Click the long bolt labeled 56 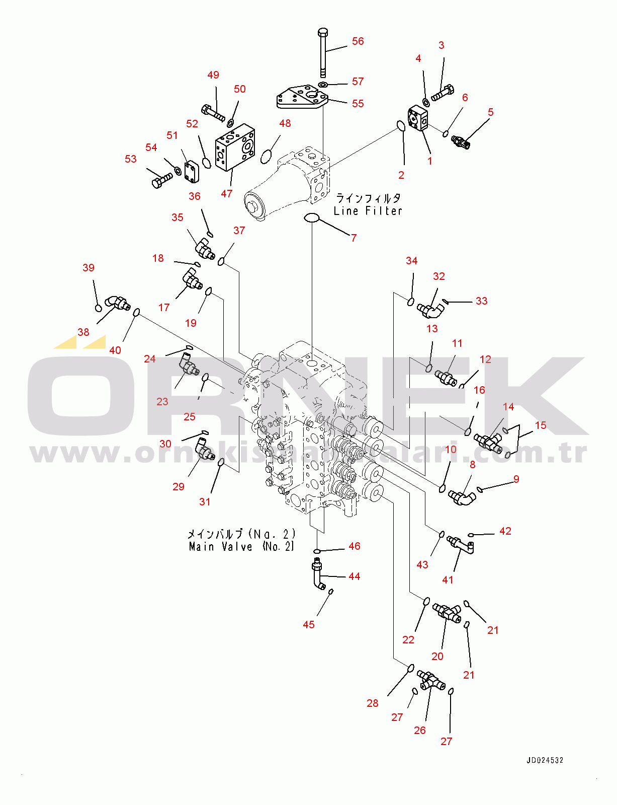click(323, 53)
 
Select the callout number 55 click(358, 104)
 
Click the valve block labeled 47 click(235, 147)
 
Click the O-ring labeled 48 click(268, 157)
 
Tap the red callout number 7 click(354, 238)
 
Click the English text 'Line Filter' click(368, 211)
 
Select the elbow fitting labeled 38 click(117, 302)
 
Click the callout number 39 click(89, 268)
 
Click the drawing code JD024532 click(545, 760)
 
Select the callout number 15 click(540, 425)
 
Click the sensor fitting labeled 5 click(461, 141)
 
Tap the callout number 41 click(448, 580)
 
